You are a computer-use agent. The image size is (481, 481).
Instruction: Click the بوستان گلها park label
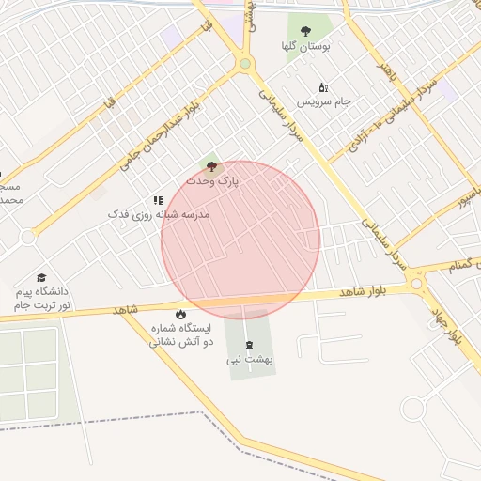[305, 45]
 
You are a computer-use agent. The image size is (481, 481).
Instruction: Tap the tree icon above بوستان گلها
[305, 31]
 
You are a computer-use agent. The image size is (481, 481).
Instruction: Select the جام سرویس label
[324, 100]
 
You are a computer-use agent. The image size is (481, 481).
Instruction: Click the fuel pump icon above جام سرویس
[324, 86]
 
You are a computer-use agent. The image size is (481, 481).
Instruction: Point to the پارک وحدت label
[212, 178]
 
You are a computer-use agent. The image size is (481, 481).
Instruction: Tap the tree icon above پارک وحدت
[210, 165]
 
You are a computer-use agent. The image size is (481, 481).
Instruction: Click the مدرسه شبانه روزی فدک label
[158, 214]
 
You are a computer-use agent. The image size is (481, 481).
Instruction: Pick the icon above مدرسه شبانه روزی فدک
[158, 200]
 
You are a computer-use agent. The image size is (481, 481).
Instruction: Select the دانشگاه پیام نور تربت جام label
[41, 299]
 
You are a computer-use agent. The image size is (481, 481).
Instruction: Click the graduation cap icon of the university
[41, 278]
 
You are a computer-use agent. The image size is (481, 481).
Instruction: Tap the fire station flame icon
[180, 314]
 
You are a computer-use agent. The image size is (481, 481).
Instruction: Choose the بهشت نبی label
[249, 359]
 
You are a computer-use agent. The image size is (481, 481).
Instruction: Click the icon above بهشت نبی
[249, 345]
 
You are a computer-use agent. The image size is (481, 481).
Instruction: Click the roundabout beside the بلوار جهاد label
[416, 281]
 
